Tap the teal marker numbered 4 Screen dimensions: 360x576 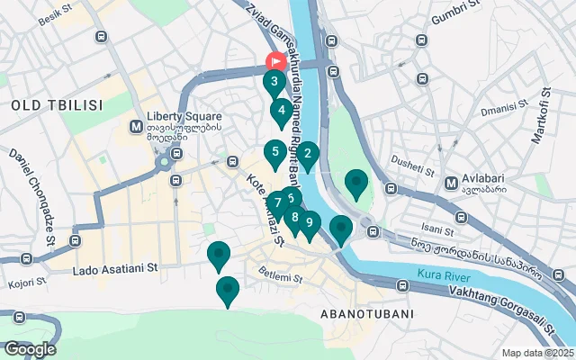click(x=282, y=113)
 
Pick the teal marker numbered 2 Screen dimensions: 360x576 click(x=308, y=154)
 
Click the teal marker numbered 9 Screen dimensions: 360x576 click(x=309, y=223)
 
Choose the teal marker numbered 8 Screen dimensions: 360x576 click(x=294, y=217)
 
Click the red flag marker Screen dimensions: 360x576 click(x=275, y=61)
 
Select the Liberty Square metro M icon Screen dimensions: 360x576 click(x=137, y=126)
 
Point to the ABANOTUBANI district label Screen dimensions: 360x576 click(x=366, y=314)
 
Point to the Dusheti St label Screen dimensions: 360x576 click(x=411, y=167)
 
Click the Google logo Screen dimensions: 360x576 click(x=30, y=348)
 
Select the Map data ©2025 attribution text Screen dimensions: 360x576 click(x=537, y=353)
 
